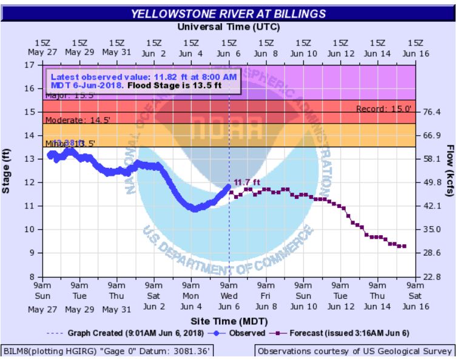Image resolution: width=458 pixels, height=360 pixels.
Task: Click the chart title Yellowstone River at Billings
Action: point(229,13)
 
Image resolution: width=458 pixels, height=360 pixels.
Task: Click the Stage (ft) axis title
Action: point(7,172)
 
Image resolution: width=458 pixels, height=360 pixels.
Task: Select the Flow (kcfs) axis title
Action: point(450,172)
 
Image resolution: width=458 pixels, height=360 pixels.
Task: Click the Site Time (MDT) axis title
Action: point(229,320)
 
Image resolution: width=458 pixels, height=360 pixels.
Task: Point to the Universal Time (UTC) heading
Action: point(229,27)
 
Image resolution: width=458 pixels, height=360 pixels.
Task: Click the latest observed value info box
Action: point(144,81)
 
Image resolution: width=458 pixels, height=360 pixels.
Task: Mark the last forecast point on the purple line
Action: point(404,246)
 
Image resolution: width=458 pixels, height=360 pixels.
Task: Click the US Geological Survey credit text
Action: point(355,351)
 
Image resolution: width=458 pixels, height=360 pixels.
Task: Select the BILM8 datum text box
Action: point(106,351)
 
